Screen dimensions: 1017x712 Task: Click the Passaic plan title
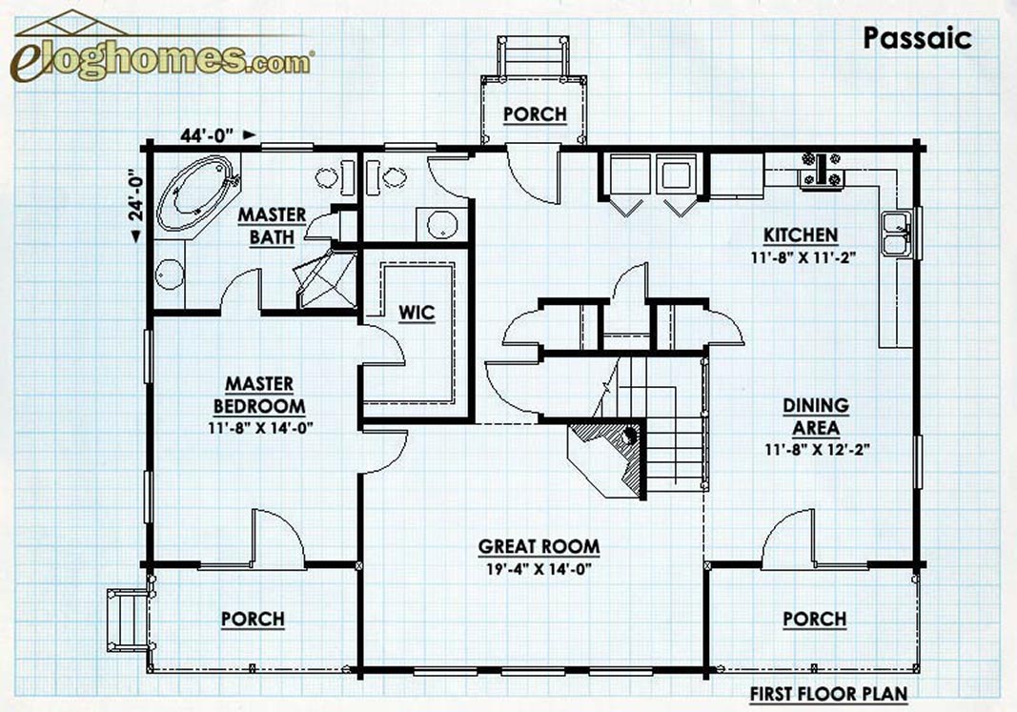(917, 38)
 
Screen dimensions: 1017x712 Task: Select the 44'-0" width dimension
(207, 135)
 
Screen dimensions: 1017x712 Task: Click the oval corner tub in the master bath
(196, 193)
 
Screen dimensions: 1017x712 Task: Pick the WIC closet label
(417, 313)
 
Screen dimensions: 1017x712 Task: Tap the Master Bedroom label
(259, 395)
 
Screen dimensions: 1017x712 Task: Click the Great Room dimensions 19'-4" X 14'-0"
(539, 569)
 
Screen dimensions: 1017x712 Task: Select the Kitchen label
(801, 234)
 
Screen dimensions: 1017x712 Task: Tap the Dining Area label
(816, 417)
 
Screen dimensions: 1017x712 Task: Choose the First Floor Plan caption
(829, 694)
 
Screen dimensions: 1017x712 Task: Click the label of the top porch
(535, 114)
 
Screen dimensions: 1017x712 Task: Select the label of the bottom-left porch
(253, 620)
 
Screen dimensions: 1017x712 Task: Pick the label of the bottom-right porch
(815, 620)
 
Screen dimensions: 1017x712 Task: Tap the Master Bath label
(272, 226)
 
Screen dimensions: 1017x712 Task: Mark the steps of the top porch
(533, 56)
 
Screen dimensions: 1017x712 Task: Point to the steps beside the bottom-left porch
(129, 619)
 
